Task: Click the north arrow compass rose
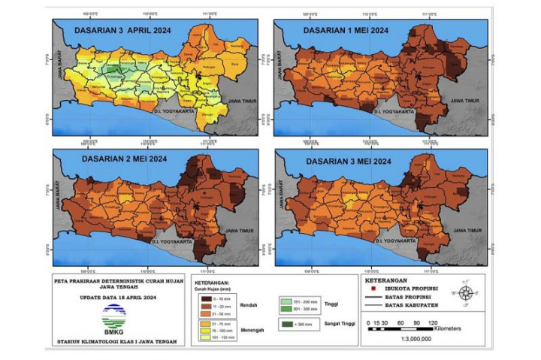466,293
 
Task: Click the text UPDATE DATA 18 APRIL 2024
113,298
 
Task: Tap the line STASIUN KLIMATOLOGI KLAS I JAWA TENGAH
113,343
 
